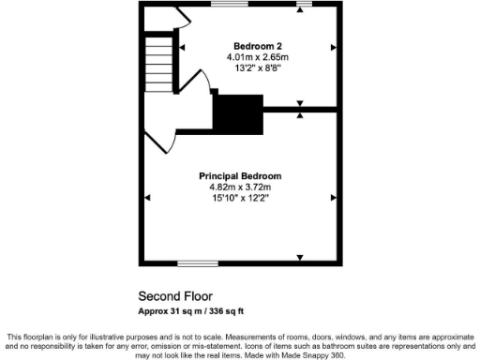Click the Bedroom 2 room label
point(258,46)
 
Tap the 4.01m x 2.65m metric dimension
point(258,57)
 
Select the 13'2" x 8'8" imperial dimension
point(258,68)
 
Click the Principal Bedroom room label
point(240,175)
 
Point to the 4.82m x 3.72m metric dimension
point(240,187)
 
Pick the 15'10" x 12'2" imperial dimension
point(240,198)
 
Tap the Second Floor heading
point(172,295)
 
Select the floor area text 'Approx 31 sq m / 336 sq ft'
point(191,311)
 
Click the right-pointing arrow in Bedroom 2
point(332,46)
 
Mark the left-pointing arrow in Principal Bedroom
point(147,197)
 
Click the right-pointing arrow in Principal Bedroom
point(332,197)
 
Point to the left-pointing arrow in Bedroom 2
point(183,46)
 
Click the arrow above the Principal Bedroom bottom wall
point(300,256)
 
